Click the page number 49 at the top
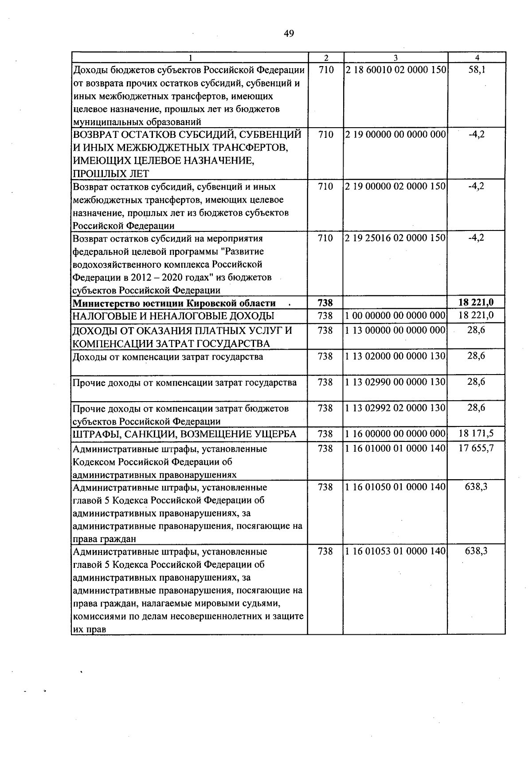[x=289, y=34]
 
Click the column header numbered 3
[x=395, y=58]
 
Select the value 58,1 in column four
[x=476, y=70]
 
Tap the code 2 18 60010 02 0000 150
[x=395, y=70]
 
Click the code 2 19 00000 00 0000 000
[x=395, y=134]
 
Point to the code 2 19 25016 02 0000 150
[x=395, y=238]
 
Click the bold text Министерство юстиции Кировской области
[x=174, y=303]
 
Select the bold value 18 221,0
[x=476, y=303]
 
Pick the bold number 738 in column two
[x=325, y=303]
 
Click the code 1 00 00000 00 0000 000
[x=395, y=316]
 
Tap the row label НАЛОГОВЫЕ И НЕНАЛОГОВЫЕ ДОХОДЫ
[x=173, y=316]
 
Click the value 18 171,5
[x=476, y=434]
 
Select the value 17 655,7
[x=476, y=449]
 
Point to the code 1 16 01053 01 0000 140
[x=395, y=551]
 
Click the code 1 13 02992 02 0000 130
[x=395, y=408]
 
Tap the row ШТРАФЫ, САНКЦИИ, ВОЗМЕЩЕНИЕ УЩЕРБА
[x=184, y=434]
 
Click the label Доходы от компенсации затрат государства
[x=168, y=357]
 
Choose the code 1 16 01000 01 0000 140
[x=395, y=449]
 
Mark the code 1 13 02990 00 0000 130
[x=395, y=382]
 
